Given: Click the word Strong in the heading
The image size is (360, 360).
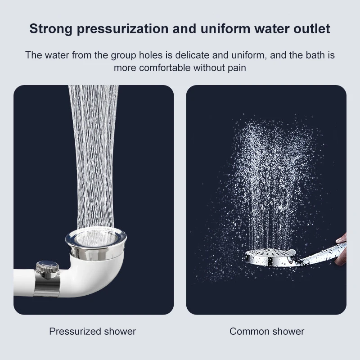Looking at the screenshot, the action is click(51, 29).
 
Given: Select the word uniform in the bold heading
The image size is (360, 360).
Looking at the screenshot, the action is click(225, 29).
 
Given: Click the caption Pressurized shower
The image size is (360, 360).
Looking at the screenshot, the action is click(93, 331).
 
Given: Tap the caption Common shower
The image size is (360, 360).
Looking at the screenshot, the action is click(267, 331).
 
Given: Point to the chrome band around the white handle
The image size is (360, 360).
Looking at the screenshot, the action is click(47, 287).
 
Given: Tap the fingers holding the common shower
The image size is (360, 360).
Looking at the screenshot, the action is click(342, 248).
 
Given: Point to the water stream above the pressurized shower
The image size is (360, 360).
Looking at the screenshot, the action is click(94, 156).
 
